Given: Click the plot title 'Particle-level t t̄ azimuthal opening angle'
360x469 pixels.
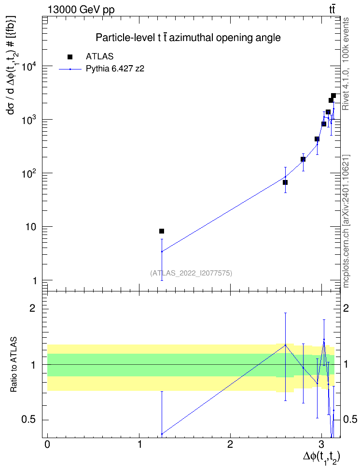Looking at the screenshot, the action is coord(188,38).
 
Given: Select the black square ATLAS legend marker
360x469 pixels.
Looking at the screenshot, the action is coord(70,57).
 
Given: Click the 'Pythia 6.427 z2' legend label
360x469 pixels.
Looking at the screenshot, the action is coord(115,69).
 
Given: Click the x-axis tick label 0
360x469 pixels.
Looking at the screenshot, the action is coord(47,444).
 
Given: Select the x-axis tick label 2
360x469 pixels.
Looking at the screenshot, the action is coord(230,444).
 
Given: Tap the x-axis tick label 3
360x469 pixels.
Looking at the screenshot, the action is coord(321,444).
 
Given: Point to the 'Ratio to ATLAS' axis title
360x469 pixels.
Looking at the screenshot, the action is coord(14,364).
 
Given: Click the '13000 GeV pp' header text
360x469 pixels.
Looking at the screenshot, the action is coord(81,10).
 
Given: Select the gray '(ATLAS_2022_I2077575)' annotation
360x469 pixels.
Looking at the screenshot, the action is coord(191,273).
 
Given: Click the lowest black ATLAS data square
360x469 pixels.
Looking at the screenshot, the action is coord(162,231).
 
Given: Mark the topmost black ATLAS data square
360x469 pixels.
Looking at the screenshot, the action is coord(333,96).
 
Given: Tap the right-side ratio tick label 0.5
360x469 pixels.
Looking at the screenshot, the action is coord(350,419).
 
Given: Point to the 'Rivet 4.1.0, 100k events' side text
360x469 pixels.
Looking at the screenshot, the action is coord(346,64).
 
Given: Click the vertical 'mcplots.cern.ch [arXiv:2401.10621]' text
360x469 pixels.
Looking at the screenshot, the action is coord(346,221).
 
